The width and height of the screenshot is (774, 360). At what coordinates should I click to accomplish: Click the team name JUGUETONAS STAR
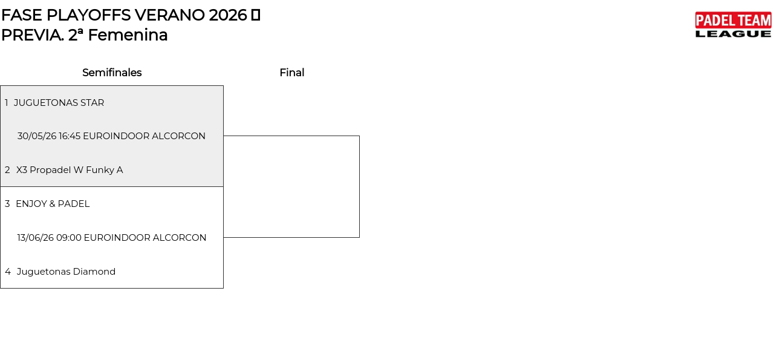[x=59, y=103]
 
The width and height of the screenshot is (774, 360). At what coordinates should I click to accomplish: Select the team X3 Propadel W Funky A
[x=70, y=170]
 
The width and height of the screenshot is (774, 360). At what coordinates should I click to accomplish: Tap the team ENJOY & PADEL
[x=53, y=204]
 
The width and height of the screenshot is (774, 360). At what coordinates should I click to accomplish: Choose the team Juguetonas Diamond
[x=66, y=272]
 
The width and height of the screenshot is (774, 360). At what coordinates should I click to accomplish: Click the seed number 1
[x=6, y=103]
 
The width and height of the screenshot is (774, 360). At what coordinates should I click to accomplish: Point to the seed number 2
[x=7, y=170]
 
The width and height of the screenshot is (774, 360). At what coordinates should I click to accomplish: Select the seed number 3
[x=7, y=204]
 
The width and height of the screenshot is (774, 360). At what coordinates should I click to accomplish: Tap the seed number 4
[x=8, y=272]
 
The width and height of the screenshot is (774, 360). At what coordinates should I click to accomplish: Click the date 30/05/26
[x=37, y=136]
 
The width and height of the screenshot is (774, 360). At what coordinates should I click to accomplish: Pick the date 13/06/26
[x=36, y=238]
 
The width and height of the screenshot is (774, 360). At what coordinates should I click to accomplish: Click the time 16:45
[x=70, y=136]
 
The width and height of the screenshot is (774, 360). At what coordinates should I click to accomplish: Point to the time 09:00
[x=69, y=238]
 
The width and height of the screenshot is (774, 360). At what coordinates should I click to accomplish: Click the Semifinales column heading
[x=112, y=73]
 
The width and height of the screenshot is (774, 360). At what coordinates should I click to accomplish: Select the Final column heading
[x=292, y=73]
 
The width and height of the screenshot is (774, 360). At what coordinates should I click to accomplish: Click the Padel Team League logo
[x=733, y=25]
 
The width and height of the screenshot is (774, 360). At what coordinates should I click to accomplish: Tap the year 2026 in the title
[x=228, y=15]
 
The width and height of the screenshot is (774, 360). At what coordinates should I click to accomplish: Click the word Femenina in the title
[x=128, y=35]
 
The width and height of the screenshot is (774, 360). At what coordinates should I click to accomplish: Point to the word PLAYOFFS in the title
[x=89, y=15]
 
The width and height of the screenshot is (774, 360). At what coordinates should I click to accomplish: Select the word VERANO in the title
[x=170, y=15]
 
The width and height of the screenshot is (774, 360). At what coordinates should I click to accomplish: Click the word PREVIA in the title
[x=33, y=35]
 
